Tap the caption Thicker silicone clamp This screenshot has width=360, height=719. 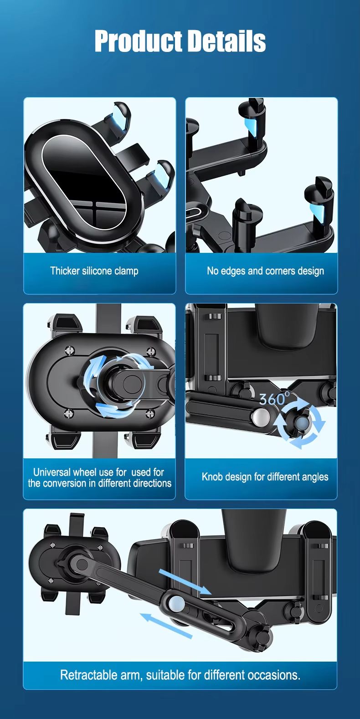point(94,271)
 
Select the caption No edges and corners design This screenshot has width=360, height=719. point(265,271)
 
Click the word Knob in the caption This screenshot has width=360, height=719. point(212,477)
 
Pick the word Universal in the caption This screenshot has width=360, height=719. point(51,472)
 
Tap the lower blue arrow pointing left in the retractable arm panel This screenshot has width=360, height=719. point(166,625)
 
